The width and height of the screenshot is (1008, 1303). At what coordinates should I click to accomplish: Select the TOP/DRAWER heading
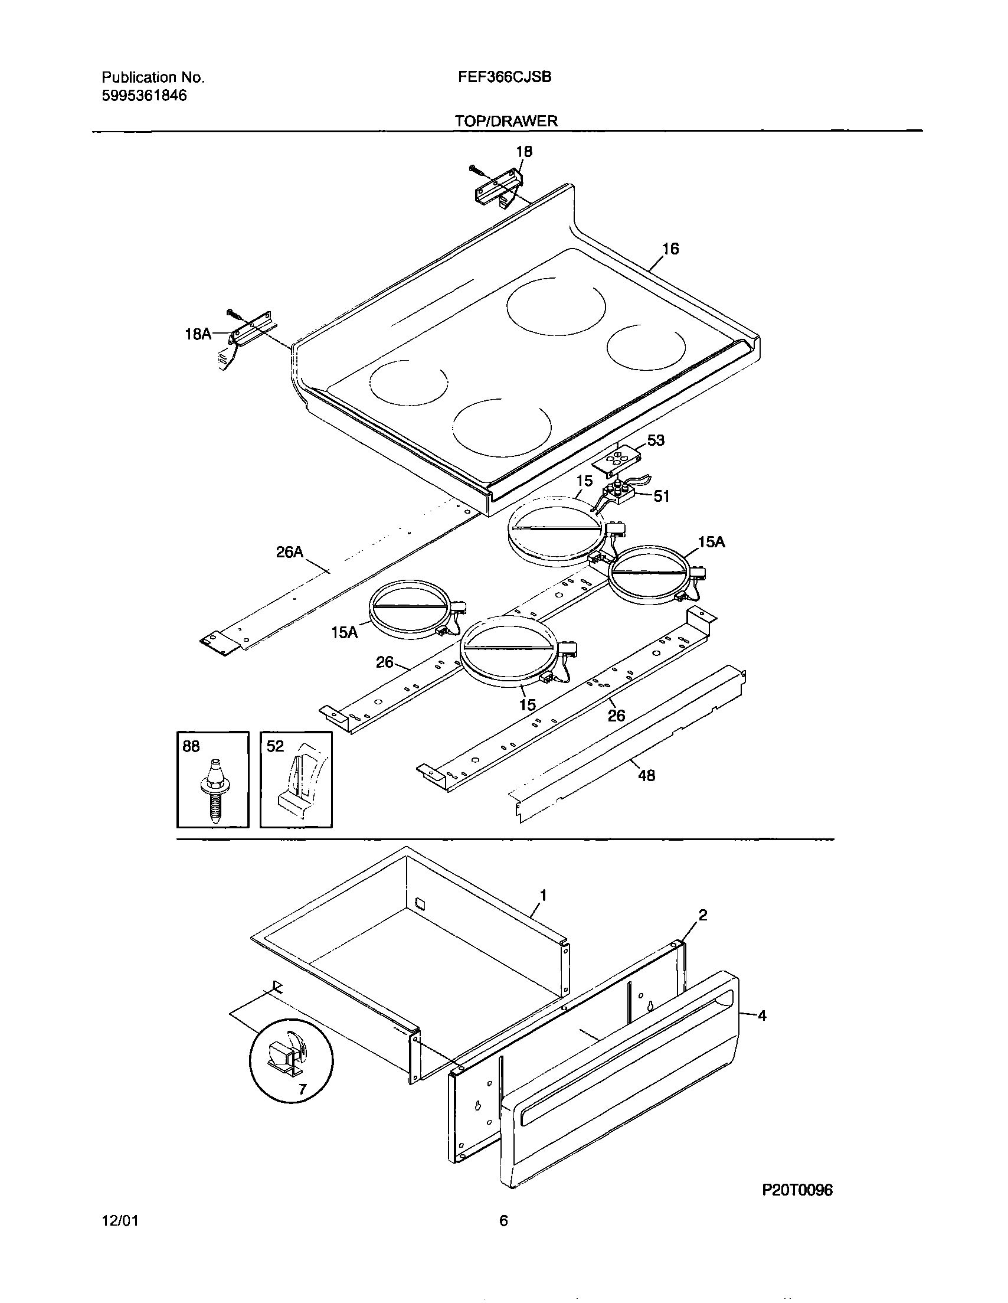coord(506,121)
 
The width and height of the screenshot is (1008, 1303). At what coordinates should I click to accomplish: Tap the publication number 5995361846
coord(145,96)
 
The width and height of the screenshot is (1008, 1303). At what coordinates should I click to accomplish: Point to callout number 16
coord(670,249)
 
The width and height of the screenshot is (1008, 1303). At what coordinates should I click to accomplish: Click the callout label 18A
coord(198,334)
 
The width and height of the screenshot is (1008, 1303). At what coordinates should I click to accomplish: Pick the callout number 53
coord(656,440)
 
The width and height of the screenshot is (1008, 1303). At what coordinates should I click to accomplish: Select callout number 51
coord(662,496)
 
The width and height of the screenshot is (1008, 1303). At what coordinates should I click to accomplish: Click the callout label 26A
coord(289,553)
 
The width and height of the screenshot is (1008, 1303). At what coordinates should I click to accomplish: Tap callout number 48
coord(647,775)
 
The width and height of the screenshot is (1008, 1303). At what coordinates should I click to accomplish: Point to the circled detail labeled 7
coord(291,1060)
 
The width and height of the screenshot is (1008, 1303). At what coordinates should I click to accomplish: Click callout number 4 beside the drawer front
coord(762,1015)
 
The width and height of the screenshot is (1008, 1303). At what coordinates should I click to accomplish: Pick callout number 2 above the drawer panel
coord(703,915)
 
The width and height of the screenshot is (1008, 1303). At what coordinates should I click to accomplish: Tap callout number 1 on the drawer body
coord(543,895)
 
